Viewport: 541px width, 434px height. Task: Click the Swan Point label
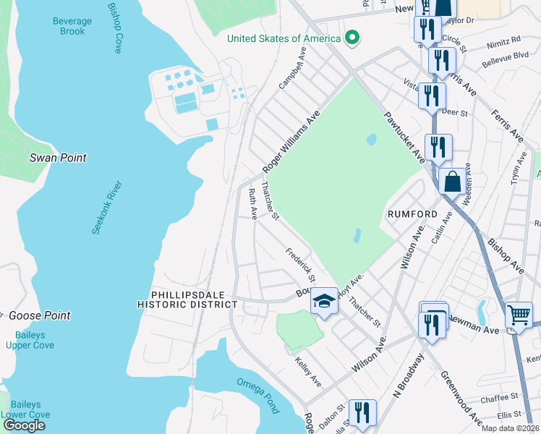coord(58,158)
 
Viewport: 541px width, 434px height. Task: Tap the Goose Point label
coord(40,315)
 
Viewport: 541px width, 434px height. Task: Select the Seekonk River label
coord(107,208)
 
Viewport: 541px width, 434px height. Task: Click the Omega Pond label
coord(257,396)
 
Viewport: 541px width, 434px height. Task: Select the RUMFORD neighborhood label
coord(412,214)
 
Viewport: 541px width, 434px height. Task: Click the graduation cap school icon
coord(325,300)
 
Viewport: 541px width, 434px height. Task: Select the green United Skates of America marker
coord(352,38)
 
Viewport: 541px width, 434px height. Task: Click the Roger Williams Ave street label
coord(291,142)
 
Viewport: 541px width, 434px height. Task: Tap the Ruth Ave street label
coord(253,203)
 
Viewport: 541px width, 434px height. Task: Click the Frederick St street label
coord(301,266)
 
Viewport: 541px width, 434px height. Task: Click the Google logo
coord(24,425)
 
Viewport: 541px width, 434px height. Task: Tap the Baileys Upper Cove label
coord(25,340)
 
